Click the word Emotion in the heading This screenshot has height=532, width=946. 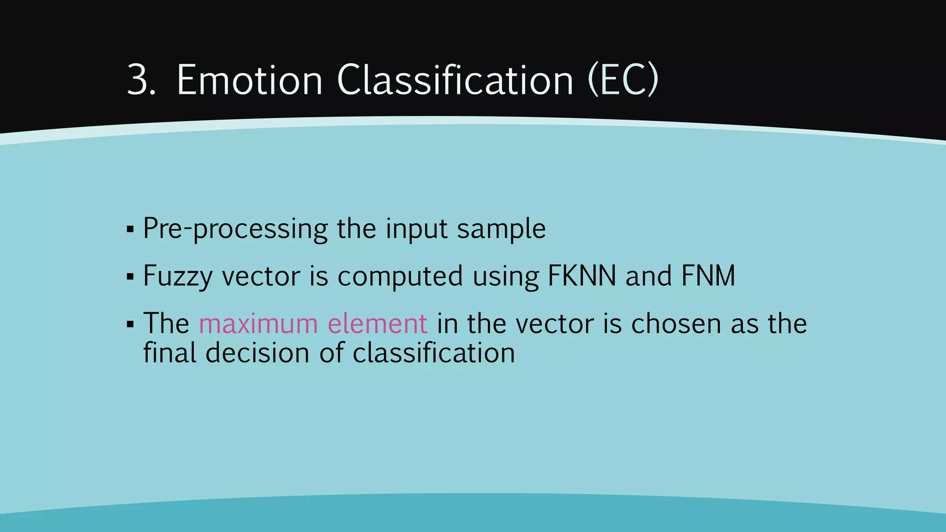click(249, 80)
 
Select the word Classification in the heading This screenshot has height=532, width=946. click(455, 80)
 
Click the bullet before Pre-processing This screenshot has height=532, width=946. click(130, 230)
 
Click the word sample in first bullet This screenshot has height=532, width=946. click(501, 230)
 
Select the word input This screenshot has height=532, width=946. click(417, 230)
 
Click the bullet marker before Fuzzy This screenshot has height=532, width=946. click(130, 277)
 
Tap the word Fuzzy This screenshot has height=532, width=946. click(178, 277)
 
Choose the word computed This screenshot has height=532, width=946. click(400, 277)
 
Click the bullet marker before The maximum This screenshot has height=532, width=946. click(130, 325)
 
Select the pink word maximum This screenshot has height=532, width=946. click(258, 324)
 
